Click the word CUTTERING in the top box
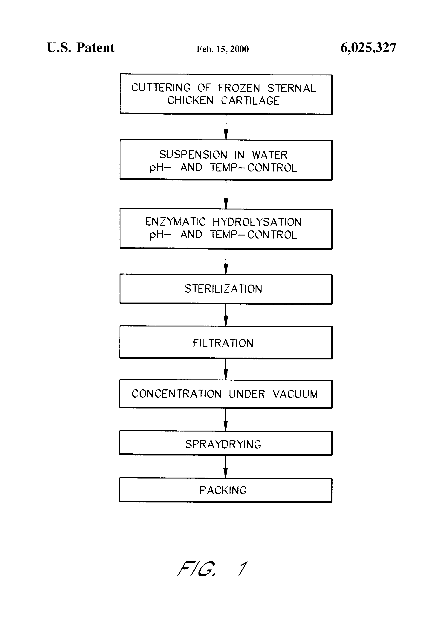pyautogui.click(x=161, y=88)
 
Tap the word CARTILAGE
pyautogui.click(x=250, y=101)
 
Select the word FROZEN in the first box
pyautogui.click(x=239, y=88)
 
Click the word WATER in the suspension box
pyautogui.click(x=270, y=155)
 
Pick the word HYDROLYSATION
pyautogui.click(x=257, y=222)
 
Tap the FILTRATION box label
pyautogui.click(x=223, y=343)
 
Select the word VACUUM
pyautogui.click(x=295, y=394)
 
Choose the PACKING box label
pyautogui.click(x=223, y=490)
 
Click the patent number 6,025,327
pyautogui.click(x=369, y=48)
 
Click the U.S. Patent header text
pyautogui.click(x=81, y=48)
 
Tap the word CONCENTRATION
pyautogui.click(x=176, y=394)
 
